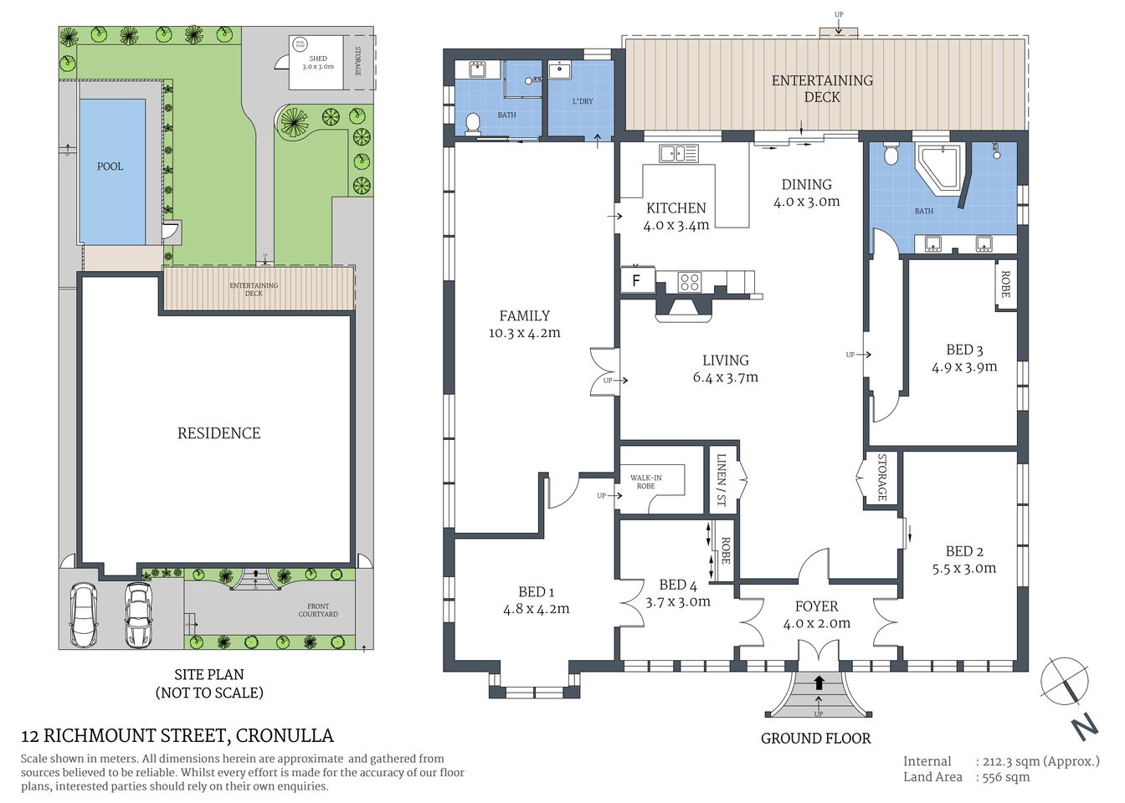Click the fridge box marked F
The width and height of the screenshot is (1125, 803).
tap(637, 280)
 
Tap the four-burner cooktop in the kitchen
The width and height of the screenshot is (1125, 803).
tap(689, 282)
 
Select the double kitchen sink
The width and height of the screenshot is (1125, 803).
tap(679, 153)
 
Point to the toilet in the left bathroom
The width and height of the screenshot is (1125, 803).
tap(473, 124)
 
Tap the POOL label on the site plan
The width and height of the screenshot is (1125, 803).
tap(110, 166)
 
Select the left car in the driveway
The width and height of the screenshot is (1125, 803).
tap(83, 615)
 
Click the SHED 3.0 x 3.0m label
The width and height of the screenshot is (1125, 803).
tap(318, 63)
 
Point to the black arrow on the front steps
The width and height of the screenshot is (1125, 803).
tap(819, 683)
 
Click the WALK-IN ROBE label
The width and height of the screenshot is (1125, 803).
tap(646, 482)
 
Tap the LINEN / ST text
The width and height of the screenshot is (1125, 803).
tap(722, 481)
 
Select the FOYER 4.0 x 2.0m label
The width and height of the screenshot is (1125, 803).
tap(816, 615)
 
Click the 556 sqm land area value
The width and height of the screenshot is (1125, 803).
tap(1003, 777)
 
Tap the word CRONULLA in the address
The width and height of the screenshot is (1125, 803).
tap(285, 736)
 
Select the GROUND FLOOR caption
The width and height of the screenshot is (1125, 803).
tap(815, 739)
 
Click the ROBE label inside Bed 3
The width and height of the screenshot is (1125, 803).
tap(1005, 284)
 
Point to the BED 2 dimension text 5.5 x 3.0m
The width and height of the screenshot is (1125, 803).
tap(964, 569)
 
